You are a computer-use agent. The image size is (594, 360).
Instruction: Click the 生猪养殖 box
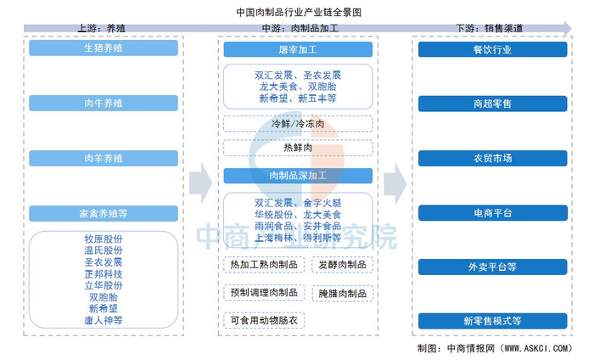104,48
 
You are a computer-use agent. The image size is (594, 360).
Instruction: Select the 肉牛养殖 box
104,104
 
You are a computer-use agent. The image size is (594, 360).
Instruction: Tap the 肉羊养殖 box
104,159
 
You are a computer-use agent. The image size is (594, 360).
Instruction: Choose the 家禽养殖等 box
104,214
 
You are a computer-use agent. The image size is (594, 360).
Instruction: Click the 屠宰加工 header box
297,50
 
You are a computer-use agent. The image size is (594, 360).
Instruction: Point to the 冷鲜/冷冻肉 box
297,124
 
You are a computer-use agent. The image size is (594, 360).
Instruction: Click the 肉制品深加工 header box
297,176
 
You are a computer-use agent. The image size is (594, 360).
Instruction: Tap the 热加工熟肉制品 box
263,265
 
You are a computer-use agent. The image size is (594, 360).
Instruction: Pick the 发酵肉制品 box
343,265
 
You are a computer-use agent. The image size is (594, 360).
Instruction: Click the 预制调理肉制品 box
263,293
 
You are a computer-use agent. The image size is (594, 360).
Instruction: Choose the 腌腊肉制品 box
343,293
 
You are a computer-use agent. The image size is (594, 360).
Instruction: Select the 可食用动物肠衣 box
263,321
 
